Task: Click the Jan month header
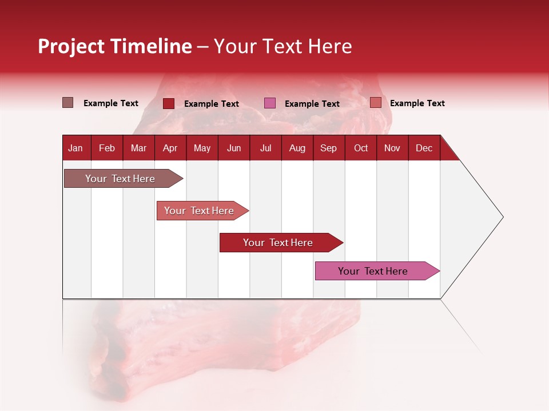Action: coord(75,148)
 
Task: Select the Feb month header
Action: coord(107,148)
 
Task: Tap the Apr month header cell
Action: coord(170,148)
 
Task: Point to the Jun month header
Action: coord(234,148)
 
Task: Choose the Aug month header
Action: coord(297,148)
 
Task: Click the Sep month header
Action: coord(329,148)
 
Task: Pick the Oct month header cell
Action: coord(361,148)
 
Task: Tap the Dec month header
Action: coord(424,148)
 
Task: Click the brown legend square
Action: coord(68,103)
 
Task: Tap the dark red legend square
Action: coord(169,103)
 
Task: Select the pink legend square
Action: coord(270,103)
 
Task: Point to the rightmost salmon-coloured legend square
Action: coord(376,103)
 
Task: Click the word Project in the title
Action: coord(71,46)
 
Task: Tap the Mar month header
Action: coord(138,148)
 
